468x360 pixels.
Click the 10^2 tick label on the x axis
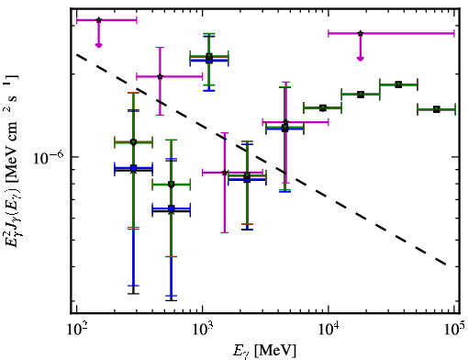[76, 329]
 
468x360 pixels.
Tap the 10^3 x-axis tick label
[203, 329]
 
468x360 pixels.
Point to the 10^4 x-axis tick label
[329, 329]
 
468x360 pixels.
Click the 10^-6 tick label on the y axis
[49, 157]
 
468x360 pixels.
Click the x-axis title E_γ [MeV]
[264, 351]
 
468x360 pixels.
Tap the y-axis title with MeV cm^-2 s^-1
[13, 159]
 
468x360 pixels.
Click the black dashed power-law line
[262, 159]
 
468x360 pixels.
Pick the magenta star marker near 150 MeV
[98, 20]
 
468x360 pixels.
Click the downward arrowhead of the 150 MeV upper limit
[98, 45]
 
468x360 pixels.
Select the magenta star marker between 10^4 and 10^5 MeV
[361, 33]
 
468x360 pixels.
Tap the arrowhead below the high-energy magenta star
[361, 59]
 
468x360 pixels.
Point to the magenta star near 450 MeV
[160, 76]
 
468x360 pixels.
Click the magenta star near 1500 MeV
[225, 173]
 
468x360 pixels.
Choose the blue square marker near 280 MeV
[133, 168]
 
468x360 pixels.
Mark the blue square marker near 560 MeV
[172, 208]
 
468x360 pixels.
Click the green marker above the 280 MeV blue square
[133, 142]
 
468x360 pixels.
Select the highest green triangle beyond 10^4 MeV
[398, 84]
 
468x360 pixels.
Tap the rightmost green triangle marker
[437, 109]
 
